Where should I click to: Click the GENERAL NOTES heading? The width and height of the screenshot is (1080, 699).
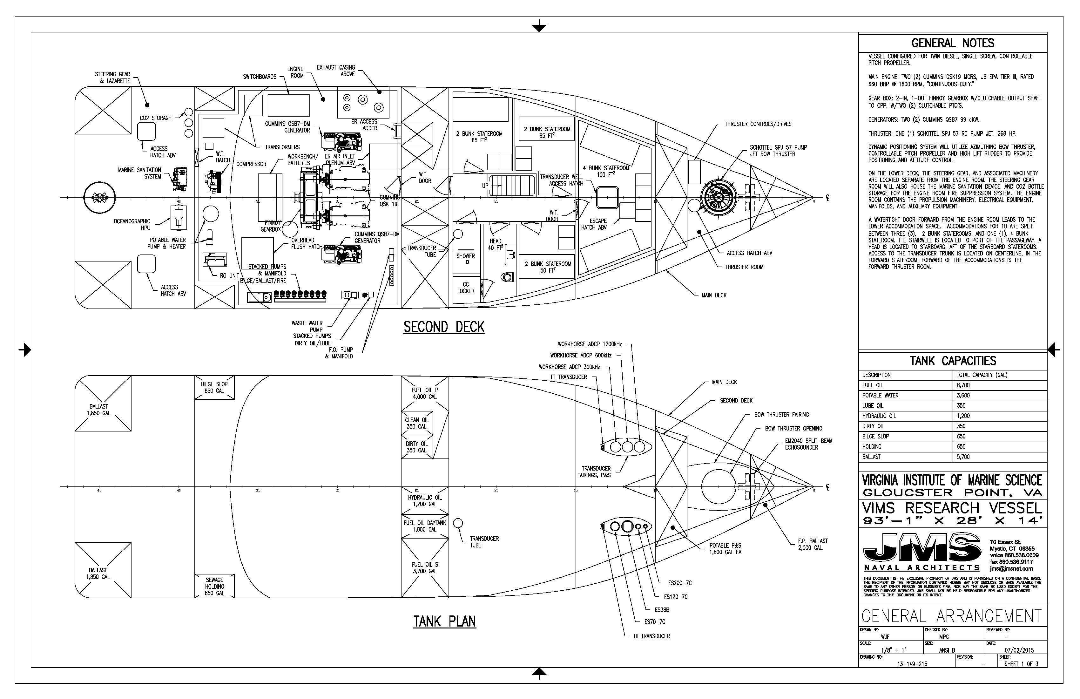coord(953,44)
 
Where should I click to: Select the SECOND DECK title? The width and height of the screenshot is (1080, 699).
coord(444,327)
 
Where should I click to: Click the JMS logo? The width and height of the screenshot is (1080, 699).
coord(921,551)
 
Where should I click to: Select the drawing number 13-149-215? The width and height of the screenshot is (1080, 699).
coord(912,664)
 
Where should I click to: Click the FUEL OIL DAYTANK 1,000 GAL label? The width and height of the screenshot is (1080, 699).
coord(425,526)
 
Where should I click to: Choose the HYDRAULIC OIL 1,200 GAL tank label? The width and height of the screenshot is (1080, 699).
coord(425,501)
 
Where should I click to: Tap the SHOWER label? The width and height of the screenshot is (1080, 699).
coord(466,256)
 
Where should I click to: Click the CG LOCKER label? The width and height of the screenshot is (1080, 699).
coord(466,288)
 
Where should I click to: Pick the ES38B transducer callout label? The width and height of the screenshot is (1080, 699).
coord(662,610)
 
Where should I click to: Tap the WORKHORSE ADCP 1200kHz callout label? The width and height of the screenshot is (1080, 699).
coord(590,344)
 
